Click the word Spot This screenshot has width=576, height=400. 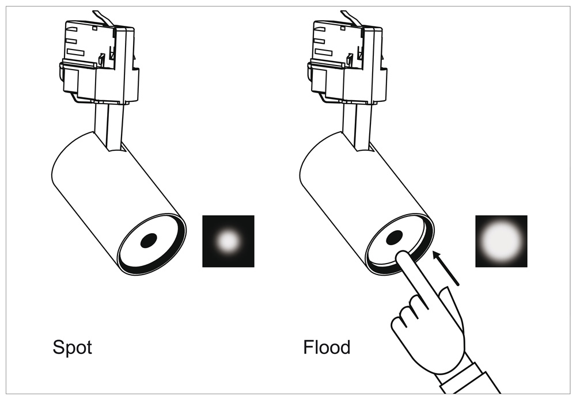73,347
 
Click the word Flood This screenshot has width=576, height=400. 327,347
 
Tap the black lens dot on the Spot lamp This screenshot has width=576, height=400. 149,241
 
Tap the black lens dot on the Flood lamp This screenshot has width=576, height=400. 394,238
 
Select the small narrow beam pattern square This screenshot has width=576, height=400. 229,241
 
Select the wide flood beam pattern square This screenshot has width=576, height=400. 502,241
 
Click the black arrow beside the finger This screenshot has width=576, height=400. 446,268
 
